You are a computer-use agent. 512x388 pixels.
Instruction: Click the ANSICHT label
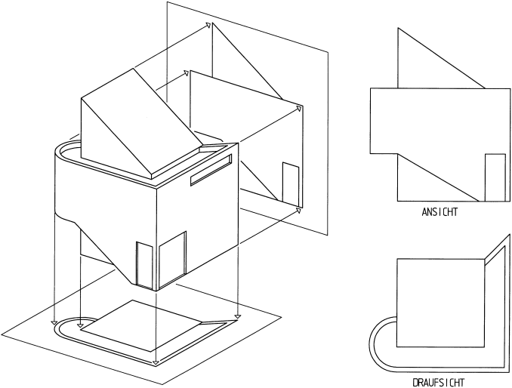pyautogui.click(x=440, y=213)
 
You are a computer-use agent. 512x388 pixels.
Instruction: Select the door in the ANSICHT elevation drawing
pyautogui.click(x=495, y=177)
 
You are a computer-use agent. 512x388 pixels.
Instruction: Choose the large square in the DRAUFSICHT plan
pyautogui.click(x=439, y=302)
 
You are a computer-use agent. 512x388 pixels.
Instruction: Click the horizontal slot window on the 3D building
pyautogui.click(x=211, y=171)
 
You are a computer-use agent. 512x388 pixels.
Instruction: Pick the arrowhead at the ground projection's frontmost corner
pyautogui.click(x=156, y=364)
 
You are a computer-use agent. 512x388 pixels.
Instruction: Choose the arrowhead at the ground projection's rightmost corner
pyautogui.click(x=238, y=316)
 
